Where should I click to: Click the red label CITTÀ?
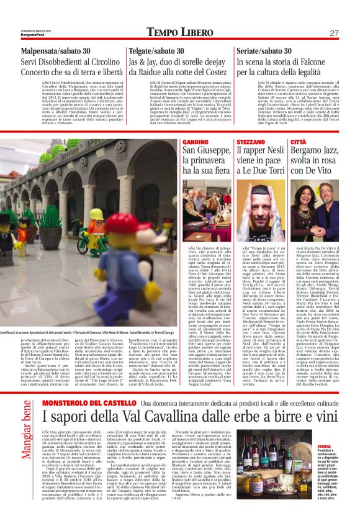point(300,142)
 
